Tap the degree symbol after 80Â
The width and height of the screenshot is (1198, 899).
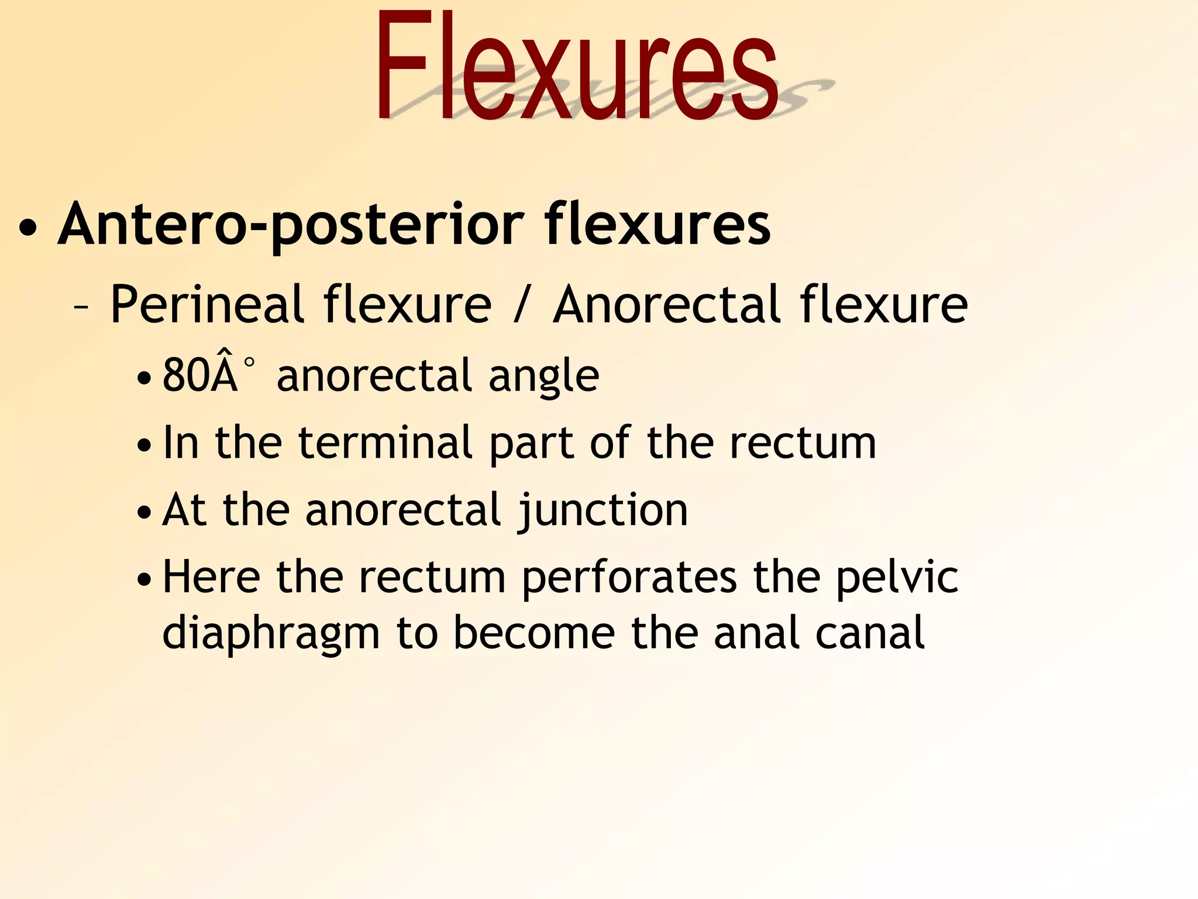(x=249, y=363)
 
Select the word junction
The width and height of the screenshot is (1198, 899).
(x=602, y=511)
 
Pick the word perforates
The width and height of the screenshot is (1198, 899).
(x=629, y=578)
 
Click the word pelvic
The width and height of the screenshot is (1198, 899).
(x=897, y=578)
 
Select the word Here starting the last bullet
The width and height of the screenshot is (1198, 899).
(x=211, y=577)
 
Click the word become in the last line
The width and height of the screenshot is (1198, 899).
(x=534, y=633)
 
